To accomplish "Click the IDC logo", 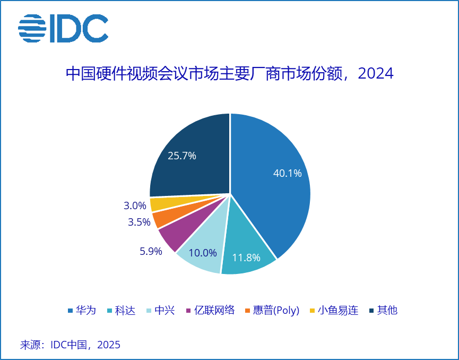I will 63,29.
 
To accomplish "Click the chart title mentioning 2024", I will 229,73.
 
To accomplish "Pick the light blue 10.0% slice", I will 202,250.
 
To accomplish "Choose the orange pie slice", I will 161,219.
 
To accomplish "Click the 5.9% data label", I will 151,251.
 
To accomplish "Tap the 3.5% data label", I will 139,222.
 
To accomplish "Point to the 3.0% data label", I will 135,205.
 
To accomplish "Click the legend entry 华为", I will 82,311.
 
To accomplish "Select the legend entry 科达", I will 122,311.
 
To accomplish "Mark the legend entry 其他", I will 383,311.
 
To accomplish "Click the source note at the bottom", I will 71,345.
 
